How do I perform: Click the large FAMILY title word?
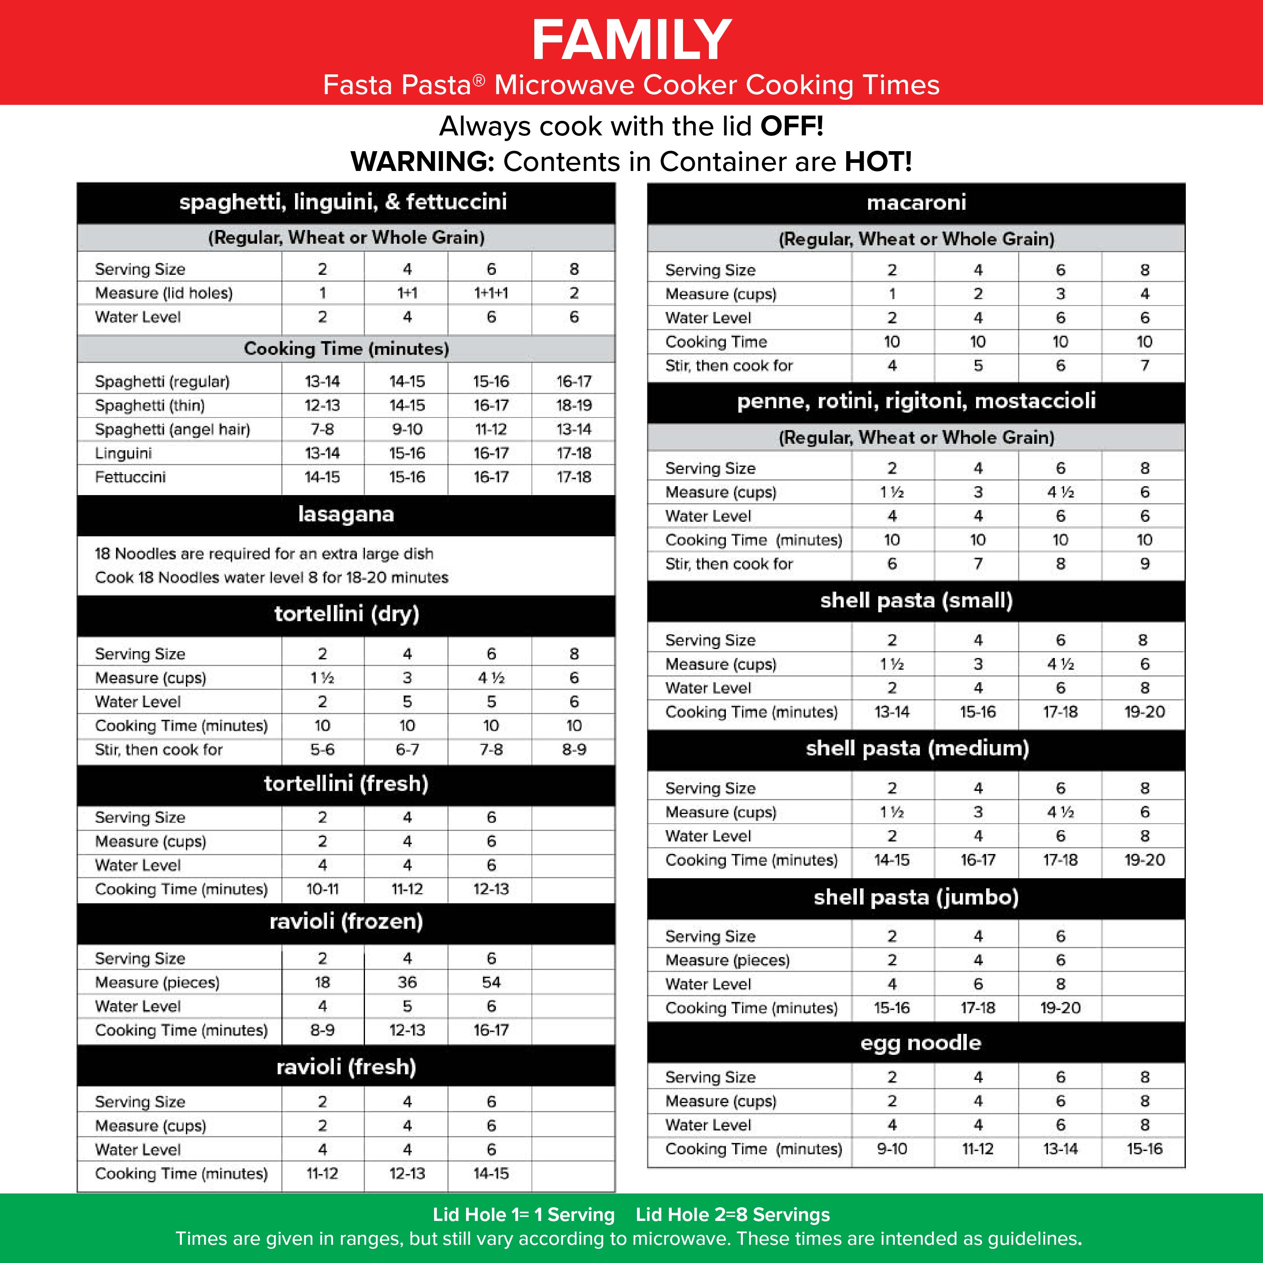[631, 40]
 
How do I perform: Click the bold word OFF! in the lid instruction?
[791, 126]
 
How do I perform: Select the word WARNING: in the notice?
[422, 162]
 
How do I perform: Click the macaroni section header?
[916, 202]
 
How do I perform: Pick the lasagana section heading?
[346, 514]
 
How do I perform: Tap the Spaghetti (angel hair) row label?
[173, 430]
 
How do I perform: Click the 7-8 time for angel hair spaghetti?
[322, 430]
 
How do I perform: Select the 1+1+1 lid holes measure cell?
[491, 293]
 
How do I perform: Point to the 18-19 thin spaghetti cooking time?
[574, 405]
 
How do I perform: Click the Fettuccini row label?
[130, 477]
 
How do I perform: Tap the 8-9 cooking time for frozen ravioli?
[322, 1030]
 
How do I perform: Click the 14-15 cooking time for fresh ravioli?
[491, 1173]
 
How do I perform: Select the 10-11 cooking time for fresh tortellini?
[322, 889]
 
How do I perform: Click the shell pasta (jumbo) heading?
[916, 898]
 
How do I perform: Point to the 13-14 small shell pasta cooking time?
[892, 712]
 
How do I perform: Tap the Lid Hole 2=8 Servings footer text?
[732, 1215]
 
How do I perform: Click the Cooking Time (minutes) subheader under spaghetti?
[346, 348]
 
